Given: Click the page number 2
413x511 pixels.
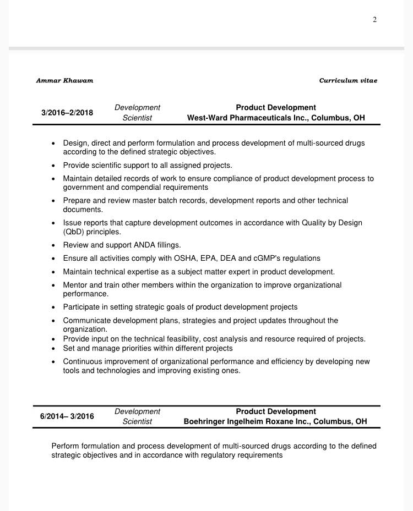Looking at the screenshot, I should click(374, 20).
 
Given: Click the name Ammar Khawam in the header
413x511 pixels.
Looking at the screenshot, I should click(64, 80).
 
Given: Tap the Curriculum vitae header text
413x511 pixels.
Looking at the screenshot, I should click(348, 80).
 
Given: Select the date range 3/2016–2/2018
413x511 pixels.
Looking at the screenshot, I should click(67, 113).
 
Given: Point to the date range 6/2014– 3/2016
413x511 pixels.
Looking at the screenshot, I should click(67, 416).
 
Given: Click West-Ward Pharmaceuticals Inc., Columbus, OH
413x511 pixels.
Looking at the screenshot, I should click(276, 118).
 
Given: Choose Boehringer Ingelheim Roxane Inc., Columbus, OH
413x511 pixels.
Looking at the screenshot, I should click(275, 421).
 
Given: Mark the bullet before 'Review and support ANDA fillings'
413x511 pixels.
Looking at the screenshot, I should click(53, 245).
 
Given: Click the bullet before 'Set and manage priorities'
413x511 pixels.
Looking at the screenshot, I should click(53, 349).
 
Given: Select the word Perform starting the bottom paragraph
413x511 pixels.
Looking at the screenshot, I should click(66, 446).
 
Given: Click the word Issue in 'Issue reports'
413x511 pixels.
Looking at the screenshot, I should click(72, 223).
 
